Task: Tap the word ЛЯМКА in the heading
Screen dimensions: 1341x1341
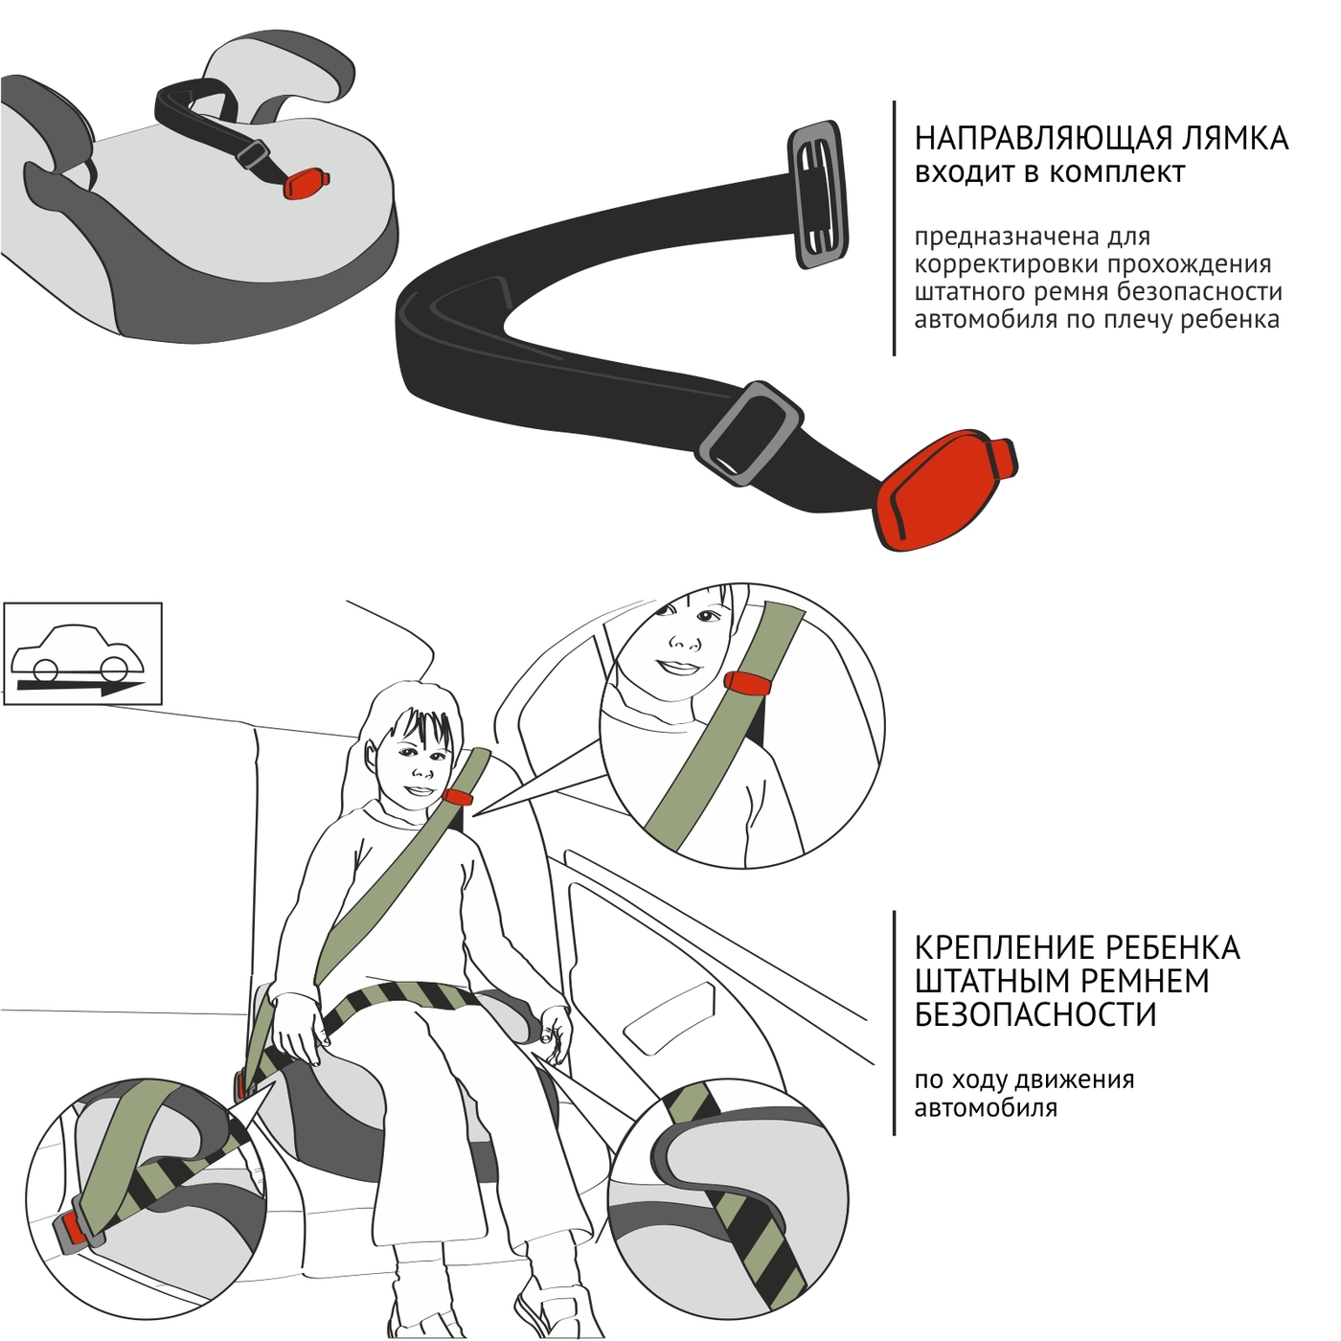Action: (1229, 138)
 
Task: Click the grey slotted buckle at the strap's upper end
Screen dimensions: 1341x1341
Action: (819, 194)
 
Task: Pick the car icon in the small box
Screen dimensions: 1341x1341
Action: (78, 650)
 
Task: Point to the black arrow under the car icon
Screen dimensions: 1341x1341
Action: (80, 688)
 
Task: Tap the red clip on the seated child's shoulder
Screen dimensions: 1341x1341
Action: (457, 797)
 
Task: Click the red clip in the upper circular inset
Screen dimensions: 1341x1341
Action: (749, 681)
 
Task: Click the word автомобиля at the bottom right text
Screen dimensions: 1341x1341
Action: (986, 1108)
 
